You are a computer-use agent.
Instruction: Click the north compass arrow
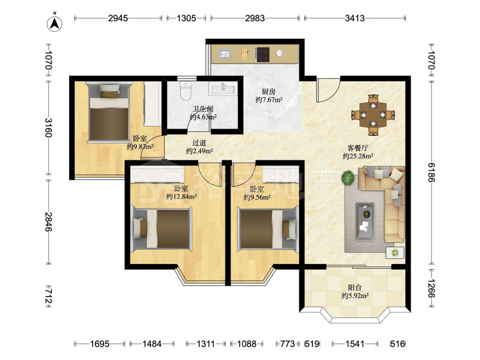55,24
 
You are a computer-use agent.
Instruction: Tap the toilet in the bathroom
185,91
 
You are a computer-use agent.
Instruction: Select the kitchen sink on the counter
225,54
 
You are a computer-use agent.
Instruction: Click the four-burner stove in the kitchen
263,55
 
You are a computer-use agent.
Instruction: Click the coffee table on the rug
365,221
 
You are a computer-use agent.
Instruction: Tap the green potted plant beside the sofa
348,177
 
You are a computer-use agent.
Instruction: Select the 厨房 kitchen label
268,91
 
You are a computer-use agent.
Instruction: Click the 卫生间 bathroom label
203,108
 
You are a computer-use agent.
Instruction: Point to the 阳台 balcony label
355,288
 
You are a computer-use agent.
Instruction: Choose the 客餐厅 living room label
358,148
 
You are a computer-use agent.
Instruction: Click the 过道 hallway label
199,143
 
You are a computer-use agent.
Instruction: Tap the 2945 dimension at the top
118,18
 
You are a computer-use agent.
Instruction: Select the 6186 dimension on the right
431,172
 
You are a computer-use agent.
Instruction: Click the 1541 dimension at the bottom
355,344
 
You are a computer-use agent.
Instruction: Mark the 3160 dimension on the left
49,128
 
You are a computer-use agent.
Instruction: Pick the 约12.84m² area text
181,197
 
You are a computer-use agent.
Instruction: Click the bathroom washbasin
223,89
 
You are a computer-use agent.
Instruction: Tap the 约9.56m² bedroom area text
257,197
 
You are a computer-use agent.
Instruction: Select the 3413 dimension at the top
355,18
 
